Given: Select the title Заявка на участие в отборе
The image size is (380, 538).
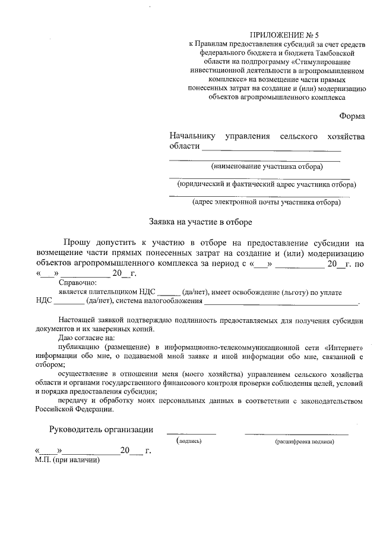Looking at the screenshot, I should click(x=200, y=222).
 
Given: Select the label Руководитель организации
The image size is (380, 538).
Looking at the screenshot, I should click(x=100, y=430).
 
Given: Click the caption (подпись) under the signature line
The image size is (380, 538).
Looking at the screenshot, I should click(x=189, y=441).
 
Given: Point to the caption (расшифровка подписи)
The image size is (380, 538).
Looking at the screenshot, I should click(x=305, y=442).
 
